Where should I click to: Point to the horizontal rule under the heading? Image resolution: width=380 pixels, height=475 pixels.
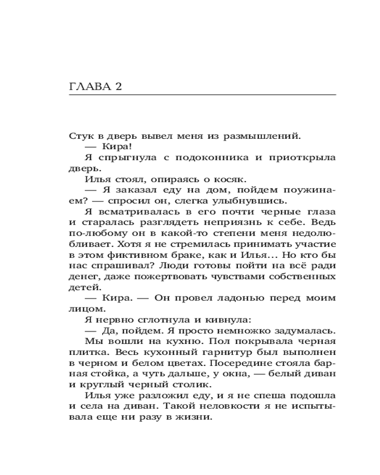[x=202, y=95]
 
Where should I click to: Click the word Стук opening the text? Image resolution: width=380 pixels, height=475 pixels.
[x=79, y=136]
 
